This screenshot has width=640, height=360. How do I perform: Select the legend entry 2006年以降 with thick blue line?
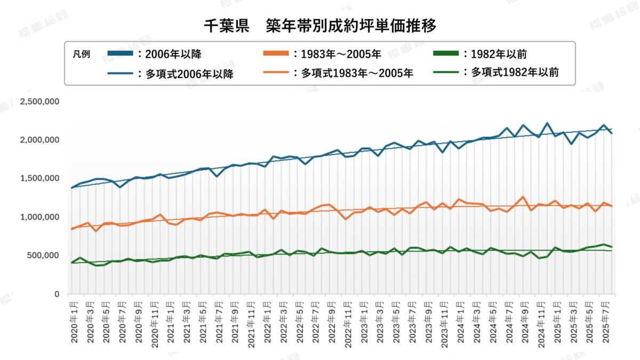155,54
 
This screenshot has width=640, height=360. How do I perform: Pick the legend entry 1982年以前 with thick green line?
481,54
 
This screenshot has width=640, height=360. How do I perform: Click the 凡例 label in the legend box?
81,54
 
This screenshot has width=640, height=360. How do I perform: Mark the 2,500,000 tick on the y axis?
39,101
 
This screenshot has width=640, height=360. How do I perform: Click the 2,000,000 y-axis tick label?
39,140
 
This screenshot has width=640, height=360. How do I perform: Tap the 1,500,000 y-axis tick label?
39,179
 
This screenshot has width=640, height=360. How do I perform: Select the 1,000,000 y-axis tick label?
39,217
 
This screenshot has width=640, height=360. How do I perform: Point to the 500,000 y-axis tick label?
43,255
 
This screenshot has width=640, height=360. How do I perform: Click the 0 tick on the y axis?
57,294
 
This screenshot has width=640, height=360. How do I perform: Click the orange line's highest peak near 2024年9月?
523,197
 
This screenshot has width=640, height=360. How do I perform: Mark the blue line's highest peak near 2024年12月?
547,123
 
